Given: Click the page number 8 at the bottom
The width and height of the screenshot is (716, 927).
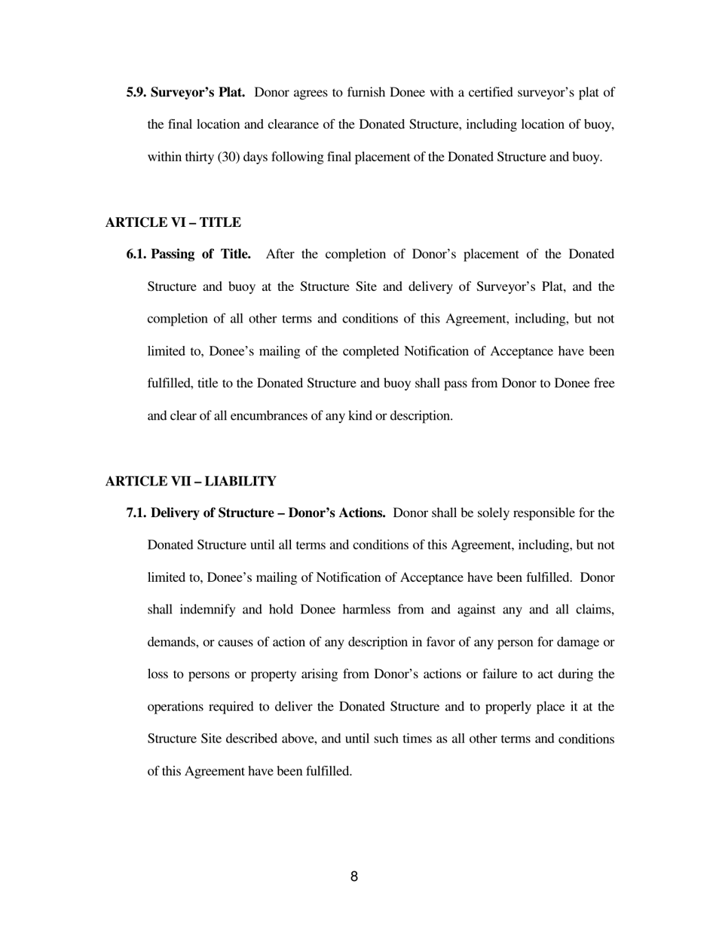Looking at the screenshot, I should (354, 877).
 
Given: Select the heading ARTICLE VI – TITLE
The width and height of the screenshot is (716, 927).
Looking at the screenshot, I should (173, 222).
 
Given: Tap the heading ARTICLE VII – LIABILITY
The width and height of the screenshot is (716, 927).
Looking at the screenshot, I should (191, 481).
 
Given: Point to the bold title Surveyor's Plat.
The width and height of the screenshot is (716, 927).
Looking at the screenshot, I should (197, 93).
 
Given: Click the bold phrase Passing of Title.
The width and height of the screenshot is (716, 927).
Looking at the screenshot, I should (200, 254).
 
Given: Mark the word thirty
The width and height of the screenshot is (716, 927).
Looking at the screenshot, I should (198, 158).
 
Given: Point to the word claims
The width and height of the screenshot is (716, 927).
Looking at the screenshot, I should (594, 610).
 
